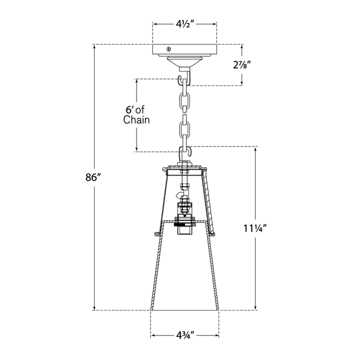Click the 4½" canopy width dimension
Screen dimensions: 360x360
pyautogui.click(x=185, y=24)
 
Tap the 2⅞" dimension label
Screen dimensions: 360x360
pyautogui.click(x=241, y=65)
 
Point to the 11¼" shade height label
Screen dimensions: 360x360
pyautogui.click(x=255, y=228)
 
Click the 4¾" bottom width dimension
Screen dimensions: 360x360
pyautogui.click(x=185, y=335)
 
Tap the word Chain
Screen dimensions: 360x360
pyautogui.click(x=136, y=120)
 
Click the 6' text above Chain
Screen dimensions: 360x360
pyautogui.click(x=129, y=109)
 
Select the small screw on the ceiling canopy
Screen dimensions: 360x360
pyautogui.click(x=169, y=48)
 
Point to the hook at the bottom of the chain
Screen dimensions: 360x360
pyautogui.click(x=185, y=152)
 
